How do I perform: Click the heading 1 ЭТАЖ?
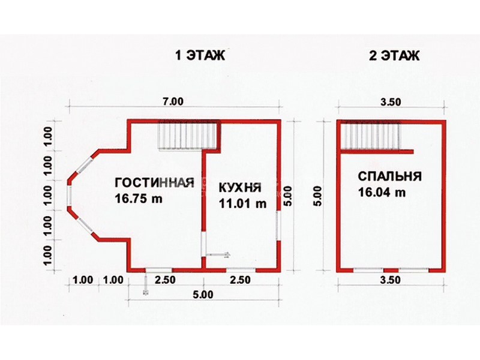point(200,56)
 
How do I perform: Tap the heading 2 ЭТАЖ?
point(394,56)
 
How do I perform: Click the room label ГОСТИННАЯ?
point(155,182)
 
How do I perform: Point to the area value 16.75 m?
point(139,199)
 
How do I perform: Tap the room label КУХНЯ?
point(240,187)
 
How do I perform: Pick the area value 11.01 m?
point(242,203)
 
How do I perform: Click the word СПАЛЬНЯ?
point(390,176)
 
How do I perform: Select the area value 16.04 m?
point(382,192)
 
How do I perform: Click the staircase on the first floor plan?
point(187,136)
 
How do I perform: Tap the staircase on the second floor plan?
point(370,137)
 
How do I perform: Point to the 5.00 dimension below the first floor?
point(203,295)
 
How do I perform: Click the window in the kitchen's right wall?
point(278,226)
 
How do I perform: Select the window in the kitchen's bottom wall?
point(241,269)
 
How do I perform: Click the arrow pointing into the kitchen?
point(218,254)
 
